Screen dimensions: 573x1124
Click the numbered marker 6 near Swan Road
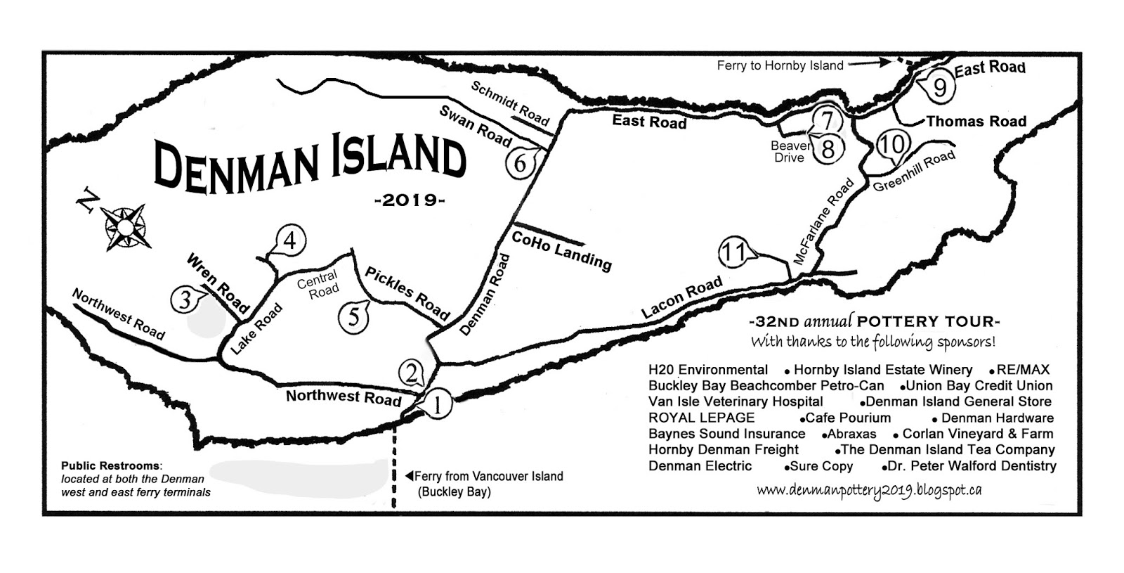(519, 164)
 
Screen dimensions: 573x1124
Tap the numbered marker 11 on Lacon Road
(734, 252)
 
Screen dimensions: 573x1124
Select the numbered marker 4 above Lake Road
(290, 241)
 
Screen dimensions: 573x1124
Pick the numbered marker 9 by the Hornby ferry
(940, 87)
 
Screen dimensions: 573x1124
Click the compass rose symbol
(125, 226)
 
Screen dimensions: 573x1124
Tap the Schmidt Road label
(510, 103)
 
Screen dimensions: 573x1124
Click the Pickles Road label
(407, 291)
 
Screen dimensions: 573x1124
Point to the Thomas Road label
(976, 122)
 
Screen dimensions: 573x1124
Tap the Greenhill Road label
(914, 171)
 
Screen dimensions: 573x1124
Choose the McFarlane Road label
(824, 221)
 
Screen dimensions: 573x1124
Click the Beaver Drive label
(790, 152)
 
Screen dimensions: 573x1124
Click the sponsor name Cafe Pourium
(847, 418)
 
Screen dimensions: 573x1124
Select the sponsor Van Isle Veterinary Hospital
(736, 401)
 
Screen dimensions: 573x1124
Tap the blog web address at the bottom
(869, 491)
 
